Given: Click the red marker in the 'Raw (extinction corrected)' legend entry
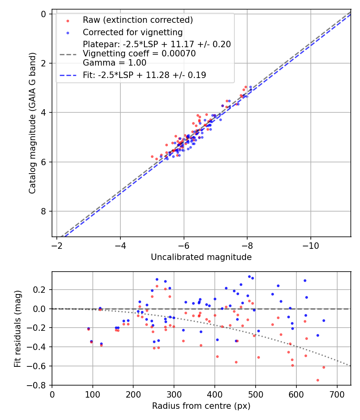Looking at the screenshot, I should pyautogui.click(x=68, y=20).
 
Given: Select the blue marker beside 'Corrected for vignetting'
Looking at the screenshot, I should pyautogui.click(x=68, y=32).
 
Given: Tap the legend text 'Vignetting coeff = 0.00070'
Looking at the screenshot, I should pyautogui.click(x=139, y=54).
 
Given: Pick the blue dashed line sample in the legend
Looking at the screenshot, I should pyautogui.click(x=68, y=75).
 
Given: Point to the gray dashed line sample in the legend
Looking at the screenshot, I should pyautogui.click(x=68, y=54).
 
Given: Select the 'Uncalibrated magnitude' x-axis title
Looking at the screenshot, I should pyautogui.click(x=201, y=257).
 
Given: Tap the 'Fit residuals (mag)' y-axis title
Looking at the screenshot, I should pyautogui.click(x=18, y=328).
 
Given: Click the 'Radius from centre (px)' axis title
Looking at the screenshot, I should pyautogui.click(x=201, y=406).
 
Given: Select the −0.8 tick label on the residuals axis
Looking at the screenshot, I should pyautogui.click(x=39, y=385).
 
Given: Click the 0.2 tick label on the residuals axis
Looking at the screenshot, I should pyautogui.click(x=42, y=290).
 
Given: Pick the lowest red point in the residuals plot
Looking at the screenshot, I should pyautogui.click(x=318, y=380).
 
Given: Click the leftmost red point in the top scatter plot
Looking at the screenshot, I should pyautogui.click(x=152, y=156).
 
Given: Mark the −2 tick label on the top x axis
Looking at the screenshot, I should pyautogui.click(x=57, y=245).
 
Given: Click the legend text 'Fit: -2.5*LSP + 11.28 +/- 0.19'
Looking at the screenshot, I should pyautogui.click(x=144, y=75).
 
